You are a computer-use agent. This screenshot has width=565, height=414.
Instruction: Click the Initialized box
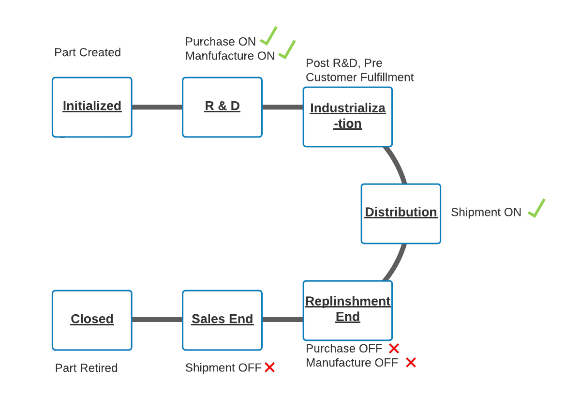pos(92,107)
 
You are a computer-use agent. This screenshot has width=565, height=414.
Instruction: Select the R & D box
pos(222,107)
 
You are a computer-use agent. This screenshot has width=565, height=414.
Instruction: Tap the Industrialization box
pos(347,117)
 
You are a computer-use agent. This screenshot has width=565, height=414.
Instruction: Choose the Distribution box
pos(401,214)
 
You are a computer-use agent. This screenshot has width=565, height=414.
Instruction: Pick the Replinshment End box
pos(347,310)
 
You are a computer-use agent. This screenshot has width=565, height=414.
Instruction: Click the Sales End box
pos(222,320)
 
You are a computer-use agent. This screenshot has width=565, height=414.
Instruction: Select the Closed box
pos(92,320)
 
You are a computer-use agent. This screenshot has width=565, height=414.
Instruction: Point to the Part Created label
pos(88,52)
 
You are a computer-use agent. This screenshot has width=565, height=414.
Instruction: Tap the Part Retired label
pos(86,368)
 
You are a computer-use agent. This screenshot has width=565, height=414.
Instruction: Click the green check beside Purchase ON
pos(268,36)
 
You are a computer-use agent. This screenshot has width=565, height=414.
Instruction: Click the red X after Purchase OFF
pos(394,348)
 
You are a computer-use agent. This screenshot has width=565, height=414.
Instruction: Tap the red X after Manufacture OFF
pos(411,362)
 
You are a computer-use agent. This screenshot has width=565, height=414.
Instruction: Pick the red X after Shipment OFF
pos(269,368)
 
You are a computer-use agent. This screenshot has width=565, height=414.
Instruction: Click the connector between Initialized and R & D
pos(157,107)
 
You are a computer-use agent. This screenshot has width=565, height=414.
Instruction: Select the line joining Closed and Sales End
pos(157,320)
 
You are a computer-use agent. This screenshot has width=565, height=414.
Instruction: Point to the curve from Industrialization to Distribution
pos(399,165)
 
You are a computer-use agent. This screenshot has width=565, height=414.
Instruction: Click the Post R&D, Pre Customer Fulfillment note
pos(359,70)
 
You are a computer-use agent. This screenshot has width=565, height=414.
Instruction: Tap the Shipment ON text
pos(486,212)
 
